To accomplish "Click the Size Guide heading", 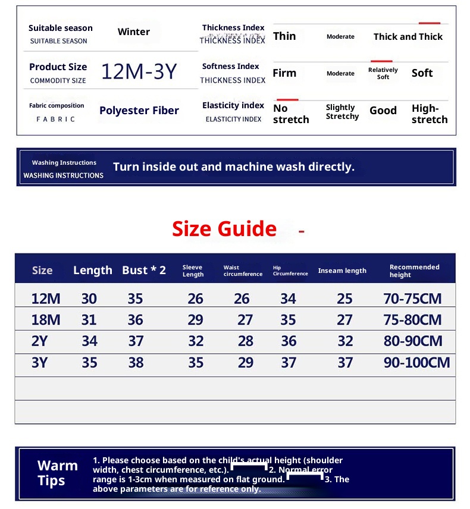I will pos(224,229).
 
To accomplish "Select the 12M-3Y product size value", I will pos(139,71).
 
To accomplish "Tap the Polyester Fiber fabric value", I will pos(139,111).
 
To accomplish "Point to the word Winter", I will pos(133,32).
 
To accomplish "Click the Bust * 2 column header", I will pos(144,271).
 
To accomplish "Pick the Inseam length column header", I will pos(342,271).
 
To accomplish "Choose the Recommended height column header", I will pos(414,271).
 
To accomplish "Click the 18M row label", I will pos(46,320).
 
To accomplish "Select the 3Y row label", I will pos(39,363).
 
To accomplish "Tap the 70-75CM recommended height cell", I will pos(413,299).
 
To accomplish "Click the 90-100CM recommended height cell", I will pos(416,363).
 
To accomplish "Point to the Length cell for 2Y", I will pos(90,341).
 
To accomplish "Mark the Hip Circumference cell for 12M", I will pos(288,299).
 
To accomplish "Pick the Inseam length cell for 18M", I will pos(344,320).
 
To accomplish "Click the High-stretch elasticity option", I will pos(429,114).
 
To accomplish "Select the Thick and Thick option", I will pos(408,37).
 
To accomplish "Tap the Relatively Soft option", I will pos(383,73).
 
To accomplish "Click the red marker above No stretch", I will pos(287,99).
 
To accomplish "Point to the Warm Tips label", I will pos(57,473).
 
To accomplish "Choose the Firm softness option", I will pos(284,73).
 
